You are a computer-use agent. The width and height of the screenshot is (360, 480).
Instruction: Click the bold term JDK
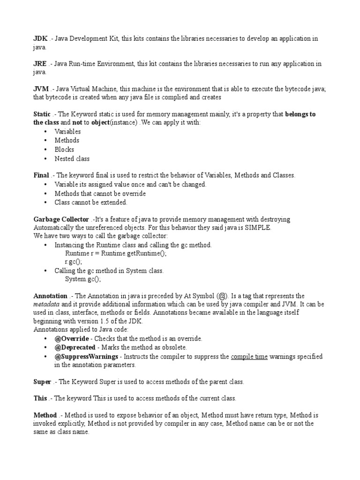[x=40, y=39]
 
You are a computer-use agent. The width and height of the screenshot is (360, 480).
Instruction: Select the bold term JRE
[x=40, y=64]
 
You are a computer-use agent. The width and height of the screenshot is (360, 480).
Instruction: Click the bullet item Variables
[x=67, y=132]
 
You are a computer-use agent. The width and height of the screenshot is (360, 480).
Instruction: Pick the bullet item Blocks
[x=64, y=150]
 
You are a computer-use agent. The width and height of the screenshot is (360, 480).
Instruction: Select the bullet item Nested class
[x=72, y=158]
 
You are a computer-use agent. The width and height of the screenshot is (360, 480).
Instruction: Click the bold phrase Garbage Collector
[x=61, y=219]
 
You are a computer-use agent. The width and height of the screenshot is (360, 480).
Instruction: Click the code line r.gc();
[x=74, y=262]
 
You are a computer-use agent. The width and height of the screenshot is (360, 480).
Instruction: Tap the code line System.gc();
[x=83, y=279]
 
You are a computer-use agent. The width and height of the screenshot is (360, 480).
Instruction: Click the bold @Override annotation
[x=75, y=338]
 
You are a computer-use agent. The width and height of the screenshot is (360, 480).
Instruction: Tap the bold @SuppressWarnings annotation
[x=86, y=356]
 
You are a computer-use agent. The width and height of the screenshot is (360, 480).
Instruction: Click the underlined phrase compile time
[x=249, y=356]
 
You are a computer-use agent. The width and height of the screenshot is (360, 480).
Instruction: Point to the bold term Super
[x=42, y=382]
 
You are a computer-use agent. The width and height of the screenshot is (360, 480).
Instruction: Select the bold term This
[x=40, y=398]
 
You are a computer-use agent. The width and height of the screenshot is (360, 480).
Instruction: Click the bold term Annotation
[x=50, y=296]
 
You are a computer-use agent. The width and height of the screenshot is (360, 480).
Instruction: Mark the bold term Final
[x=41, y=175]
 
